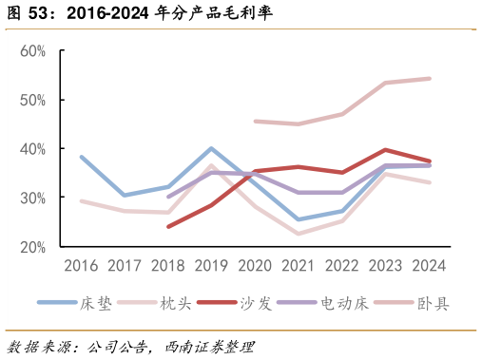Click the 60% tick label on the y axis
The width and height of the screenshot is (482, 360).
[33, 50]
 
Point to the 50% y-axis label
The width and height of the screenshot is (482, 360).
[33, 100]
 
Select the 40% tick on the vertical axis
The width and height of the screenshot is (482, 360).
[33, 149]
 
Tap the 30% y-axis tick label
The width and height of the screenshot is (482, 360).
[33, 198]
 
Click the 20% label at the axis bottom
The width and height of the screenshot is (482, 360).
[33, 247]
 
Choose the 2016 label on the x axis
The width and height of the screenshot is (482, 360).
[81, 266]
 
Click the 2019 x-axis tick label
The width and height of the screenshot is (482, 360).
[211, 266]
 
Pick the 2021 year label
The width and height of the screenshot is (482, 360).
[299, 266]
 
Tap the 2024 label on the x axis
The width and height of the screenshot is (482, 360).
[429, 266]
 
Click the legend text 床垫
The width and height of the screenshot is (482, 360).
[97, 303]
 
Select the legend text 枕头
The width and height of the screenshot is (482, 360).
[177, 303]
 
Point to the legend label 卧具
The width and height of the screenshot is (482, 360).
[433, 303]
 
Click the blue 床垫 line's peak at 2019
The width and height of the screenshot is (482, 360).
[211, 148]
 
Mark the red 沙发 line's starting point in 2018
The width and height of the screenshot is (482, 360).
[168, 227]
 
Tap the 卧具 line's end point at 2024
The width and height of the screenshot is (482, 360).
[429, 79]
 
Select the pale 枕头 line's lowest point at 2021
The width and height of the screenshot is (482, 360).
[299, 234]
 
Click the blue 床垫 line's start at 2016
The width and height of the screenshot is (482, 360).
[81, 157]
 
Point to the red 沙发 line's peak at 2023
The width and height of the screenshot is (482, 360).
[385, 150]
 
